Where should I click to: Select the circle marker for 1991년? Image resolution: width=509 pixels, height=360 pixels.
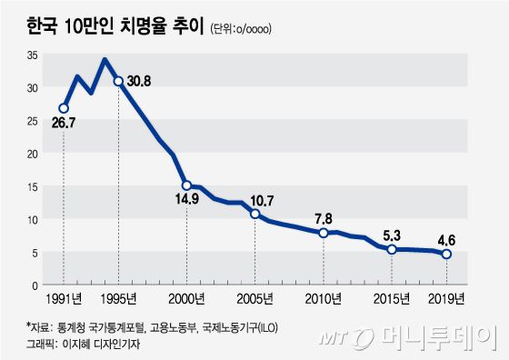64,108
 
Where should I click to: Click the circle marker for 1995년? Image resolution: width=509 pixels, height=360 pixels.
118,81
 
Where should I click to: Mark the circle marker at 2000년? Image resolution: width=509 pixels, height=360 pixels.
186,185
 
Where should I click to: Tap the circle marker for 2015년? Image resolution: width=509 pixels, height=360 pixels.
392,249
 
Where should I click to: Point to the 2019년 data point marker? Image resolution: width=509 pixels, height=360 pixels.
446,255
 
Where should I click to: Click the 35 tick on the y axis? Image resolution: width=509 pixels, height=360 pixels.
32,55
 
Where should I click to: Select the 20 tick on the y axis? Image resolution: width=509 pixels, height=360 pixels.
32,154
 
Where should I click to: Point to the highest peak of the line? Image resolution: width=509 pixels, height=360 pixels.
105,60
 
